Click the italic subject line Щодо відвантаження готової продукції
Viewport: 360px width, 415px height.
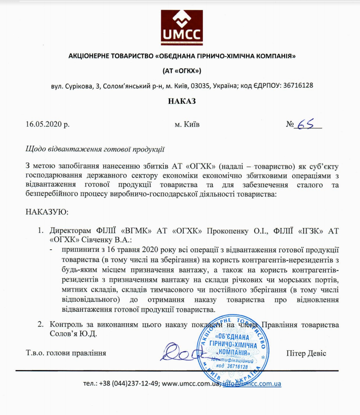94,149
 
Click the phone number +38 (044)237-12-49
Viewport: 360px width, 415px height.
129,384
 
